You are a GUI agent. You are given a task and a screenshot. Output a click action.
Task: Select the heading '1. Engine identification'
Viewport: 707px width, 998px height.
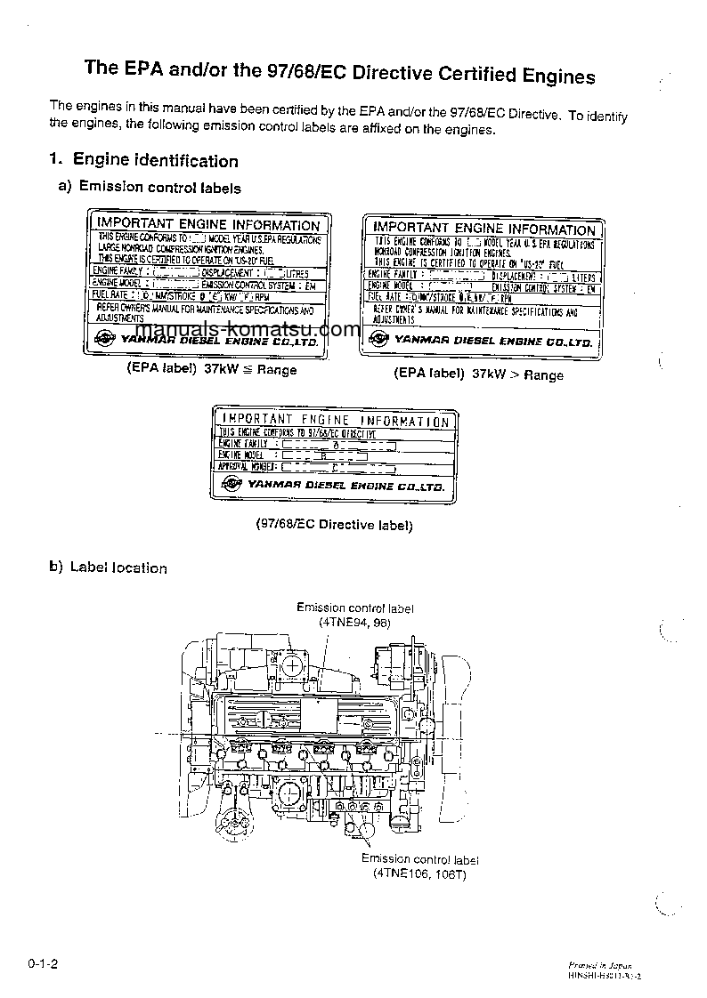[x=144, y=161]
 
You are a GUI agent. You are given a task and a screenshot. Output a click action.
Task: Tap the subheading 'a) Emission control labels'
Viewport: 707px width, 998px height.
[x=149, y=188]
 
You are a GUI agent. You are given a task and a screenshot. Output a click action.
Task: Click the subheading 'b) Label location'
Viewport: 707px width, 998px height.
[x=108, y=567]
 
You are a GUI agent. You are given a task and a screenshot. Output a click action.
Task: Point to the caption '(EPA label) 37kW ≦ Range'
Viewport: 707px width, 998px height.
[x=211, y=369]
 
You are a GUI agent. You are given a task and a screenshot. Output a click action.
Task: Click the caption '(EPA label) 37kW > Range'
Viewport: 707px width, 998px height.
[x=478, y=374]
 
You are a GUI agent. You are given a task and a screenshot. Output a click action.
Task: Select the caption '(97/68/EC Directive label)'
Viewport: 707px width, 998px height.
[x=334, y=525]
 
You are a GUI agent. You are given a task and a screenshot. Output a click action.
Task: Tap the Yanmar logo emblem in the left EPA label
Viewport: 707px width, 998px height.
[x=104, y=338]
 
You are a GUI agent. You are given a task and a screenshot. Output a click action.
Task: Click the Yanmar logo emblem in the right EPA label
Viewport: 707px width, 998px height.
[x=379, y=339]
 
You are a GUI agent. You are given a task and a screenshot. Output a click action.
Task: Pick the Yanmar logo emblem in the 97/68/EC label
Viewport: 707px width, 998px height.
[x=232, y=484]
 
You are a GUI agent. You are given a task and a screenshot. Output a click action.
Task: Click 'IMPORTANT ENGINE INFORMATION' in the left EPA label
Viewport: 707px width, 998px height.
[x=207, y=225]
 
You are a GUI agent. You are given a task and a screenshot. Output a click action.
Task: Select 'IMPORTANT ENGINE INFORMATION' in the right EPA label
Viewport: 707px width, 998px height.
[x=484, y=229]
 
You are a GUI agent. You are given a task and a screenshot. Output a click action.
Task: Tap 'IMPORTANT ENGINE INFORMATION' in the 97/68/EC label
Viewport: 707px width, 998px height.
[x=335, y=420]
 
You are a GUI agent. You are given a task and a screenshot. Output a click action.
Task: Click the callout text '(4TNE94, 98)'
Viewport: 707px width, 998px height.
[x=354, y=622]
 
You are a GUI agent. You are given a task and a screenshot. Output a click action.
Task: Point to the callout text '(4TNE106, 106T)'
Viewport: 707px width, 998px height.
[x=419, y=873]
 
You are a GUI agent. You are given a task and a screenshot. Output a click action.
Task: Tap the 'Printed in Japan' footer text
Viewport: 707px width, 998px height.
[x=599, y=964]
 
